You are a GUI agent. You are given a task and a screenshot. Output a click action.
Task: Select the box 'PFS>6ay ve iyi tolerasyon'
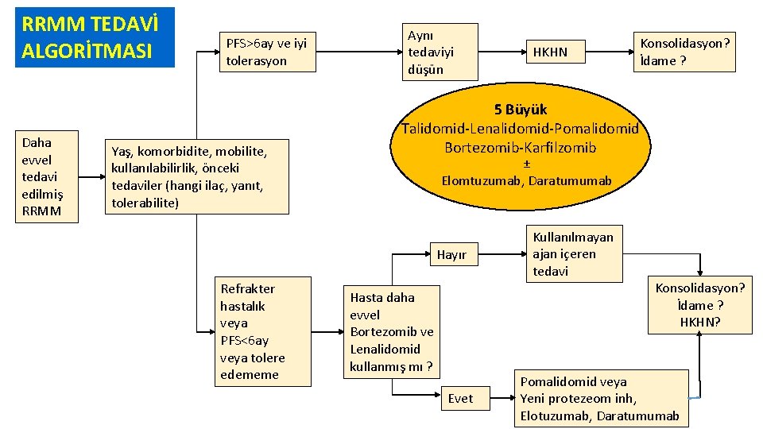click(267, 52)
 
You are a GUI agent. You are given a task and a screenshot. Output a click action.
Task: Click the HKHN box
click(550, 52)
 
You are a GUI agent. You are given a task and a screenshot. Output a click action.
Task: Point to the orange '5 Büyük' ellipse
click(521, 144)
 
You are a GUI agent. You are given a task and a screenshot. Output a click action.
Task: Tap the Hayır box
click(451, 255)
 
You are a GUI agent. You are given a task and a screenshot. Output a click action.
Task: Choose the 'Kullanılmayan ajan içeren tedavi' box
click(577, 254)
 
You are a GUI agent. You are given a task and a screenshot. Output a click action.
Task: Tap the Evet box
click(460, 398)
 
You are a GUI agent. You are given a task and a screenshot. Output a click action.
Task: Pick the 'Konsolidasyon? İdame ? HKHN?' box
click(700, 306)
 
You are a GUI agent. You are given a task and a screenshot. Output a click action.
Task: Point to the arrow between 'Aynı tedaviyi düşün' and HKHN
click(498, 52)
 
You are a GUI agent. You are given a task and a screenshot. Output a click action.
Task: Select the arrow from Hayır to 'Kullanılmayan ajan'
click(505, 255)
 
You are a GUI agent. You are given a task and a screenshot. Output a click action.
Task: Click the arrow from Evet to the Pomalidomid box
click(497, 398)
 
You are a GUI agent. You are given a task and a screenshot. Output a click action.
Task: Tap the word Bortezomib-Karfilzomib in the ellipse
click(521, 147)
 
